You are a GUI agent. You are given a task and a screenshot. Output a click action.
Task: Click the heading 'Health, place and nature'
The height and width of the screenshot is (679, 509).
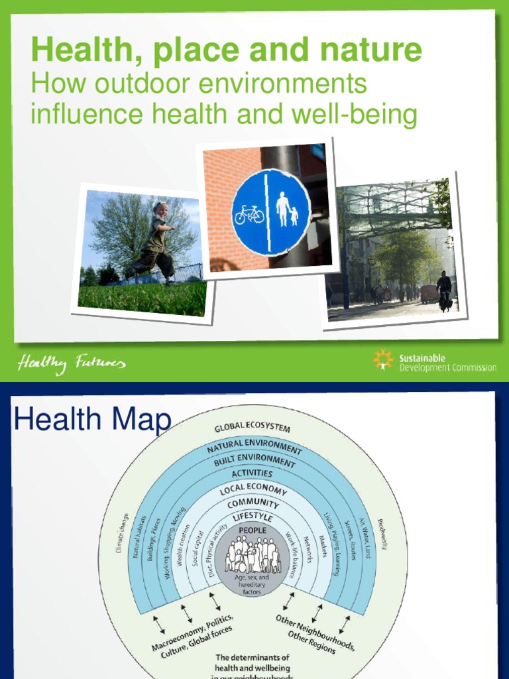(x=226, y=50)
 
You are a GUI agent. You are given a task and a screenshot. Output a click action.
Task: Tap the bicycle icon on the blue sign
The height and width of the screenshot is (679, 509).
(x=249, y=214)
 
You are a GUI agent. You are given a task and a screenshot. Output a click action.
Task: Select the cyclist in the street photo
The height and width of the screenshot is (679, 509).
(x=443, y=290)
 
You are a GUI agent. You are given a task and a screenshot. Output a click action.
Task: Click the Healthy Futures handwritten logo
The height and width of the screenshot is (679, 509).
(x=71, y=363)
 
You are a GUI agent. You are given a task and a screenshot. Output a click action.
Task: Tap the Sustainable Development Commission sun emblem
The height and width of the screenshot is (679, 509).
(x=383, y=359)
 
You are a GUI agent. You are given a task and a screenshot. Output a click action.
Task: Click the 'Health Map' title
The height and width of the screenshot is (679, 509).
(x=92, y=420)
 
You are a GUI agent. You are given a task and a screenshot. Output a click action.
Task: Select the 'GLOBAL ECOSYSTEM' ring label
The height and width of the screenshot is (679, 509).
(x=252, y=428)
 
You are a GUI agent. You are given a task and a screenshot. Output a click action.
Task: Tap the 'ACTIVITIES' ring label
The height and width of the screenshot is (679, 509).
(x=252, y=473)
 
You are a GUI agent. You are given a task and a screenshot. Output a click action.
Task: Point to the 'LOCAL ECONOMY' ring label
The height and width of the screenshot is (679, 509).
(x=253, y=491)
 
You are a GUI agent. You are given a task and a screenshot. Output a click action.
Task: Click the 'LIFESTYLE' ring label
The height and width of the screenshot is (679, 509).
(x=253, y=517)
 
